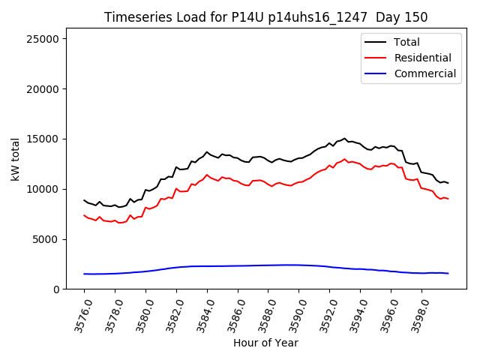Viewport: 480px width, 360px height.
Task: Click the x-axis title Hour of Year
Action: click(x=265, y=343)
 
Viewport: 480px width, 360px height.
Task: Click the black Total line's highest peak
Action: click(x=344, y=138)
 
